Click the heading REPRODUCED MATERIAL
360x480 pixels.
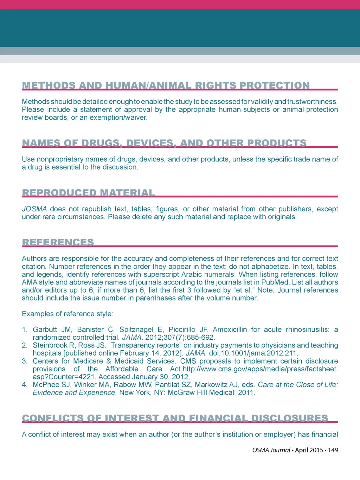(88, 193)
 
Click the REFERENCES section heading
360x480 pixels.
(58, 242)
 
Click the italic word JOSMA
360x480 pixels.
(34, 209)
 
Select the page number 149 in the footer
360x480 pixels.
(333, 450)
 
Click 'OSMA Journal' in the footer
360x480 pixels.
(271, 450)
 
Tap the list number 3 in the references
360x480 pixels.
(24, 361)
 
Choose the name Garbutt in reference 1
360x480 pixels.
(45, 329)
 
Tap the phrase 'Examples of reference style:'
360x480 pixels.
(67, 314)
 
